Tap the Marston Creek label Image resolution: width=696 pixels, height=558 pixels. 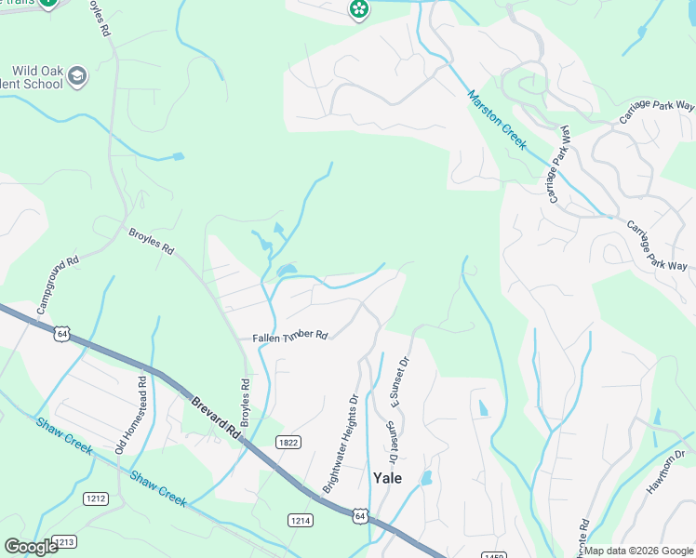click(x=497, y=120)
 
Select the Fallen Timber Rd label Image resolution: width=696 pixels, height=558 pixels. click(x=290, y=336)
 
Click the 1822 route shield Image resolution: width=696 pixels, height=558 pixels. click(x=288, y=443)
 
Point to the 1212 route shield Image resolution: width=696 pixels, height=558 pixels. click(x=94, y=498)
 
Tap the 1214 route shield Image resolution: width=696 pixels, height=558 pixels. click(x=298, y=520)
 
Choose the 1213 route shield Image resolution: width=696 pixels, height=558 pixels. click(x=64, y=541)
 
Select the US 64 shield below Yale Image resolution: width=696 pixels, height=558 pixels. click(x=359, y=514)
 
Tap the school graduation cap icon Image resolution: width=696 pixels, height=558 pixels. click(x=78, y=75)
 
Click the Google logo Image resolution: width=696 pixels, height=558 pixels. click(x=32, y=547)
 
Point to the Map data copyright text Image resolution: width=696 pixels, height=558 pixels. click(x=639, y=551)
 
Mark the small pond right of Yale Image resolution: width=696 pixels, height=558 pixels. click(x=426, y=479)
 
